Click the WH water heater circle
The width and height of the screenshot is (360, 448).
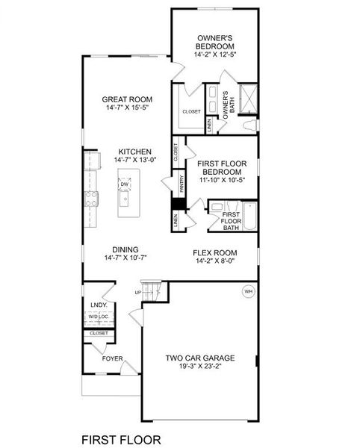(x=247, y=291)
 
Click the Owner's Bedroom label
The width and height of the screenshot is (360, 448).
(x=217, y=41)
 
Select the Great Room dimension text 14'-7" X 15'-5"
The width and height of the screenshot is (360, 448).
(x=128, y=109)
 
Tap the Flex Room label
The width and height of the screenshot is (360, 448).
(x=215, y=252)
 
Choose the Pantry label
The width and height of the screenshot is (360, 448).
(x=181, y=184)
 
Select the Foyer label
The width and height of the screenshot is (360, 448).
(x=113, y=358)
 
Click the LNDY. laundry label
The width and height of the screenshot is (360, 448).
(x=99, y=305)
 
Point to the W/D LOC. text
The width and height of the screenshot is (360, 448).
(x=99, y=318)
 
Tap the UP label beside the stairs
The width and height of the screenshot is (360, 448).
(x=137, y=293)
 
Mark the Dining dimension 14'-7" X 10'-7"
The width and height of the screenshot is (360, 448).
(x=125, y=258)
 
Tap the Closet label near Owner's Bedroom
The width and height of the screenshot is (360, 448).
(x=191, y=112)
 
